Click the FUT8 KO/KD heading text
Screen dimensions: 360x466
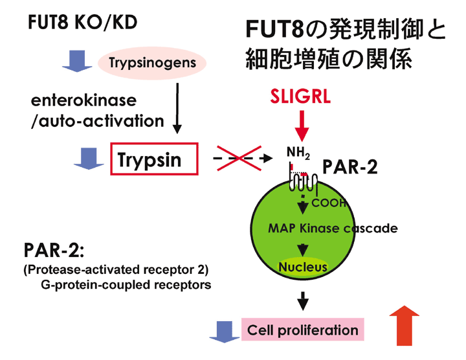coord(82,23)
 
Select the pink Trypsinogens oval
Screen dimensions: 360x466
coord(152,63)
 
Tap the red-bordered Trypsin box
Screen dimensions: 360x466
coord(153,158)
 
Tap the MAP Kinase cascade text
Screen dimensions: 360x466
coord(332,229)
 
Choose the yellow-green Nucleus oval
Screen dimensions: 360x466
coord(303,266)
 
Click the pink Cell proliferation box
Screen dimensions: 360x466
coord(302,330)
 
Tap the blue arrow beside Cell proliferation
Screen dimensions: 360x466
coord(222,331)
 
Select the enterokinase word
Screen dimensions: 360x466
coord(83,101)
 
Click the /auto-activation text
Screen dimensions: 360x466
coord(97,120)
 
